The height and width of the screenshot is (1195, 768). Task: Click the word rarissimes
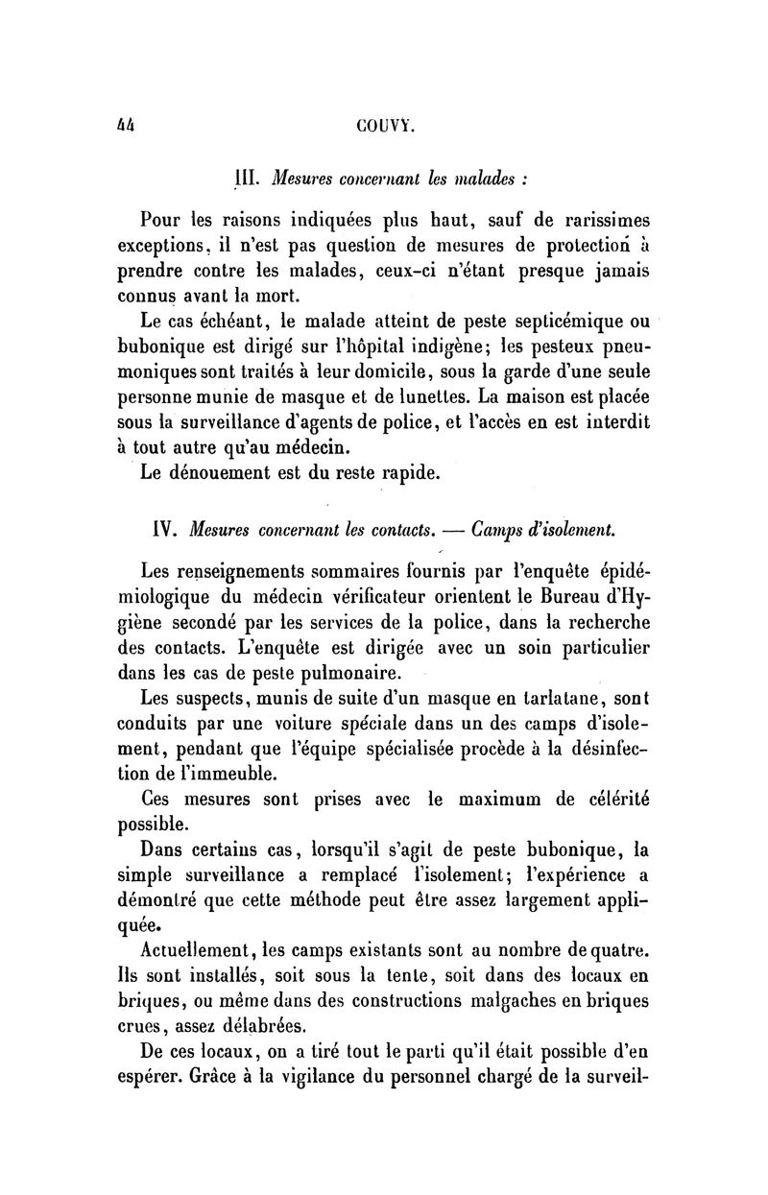click(x=595, y=220)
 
